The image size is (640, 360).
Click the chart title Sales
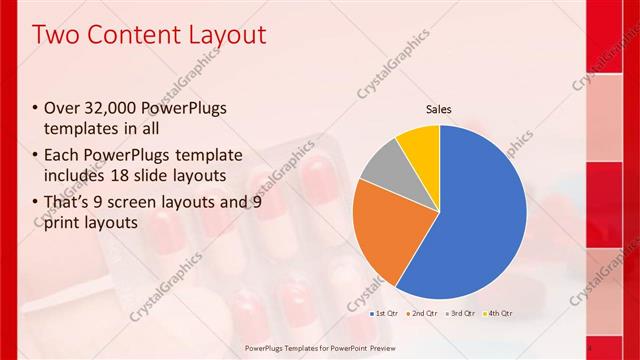click(440, 109)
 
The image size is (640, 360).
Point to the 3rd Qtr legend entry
click(460, 313)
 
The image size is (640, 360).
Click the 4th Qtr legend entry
click(497, 313)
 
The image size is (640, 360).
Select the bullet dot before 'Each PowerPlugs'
click(36, 156)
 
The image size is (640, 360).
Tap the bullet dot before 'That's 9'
click(36, 202)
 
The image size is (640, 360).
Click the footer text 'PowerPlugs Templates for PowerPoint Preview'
click(319, 348)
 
